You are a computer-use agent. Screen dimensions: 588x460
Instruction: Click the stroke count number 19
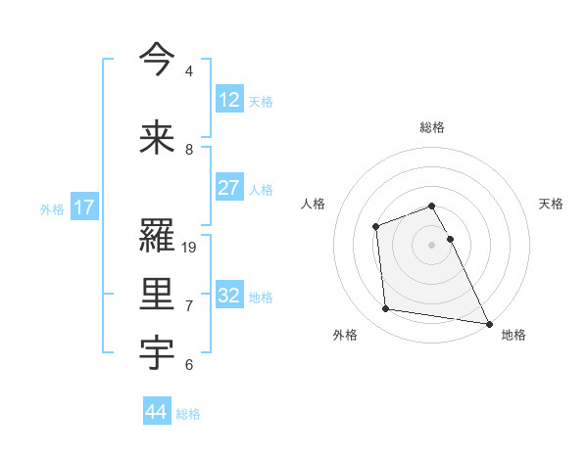(x=190, y=248)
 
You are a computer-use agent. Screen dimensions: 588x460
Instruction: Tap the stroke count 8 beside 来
(x=189, y=150)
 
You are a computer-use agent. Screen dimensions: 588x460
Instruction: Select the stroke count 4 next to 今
(x=189, y=71)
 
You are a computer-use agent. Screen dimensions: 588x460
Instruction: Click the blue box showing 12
(x=228, y=100)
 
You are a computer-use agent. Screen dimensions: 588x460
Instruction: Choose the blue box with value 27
(x=228, y=188)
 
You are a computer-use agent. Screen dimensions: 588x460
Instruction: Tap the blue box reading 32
(x=228, y=296)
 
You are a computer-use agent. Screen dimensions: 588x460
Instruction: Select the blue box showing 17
(x=84, y=207)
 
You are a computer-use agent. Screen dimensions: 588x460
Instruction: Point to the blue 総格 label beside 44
(x=188, y=414)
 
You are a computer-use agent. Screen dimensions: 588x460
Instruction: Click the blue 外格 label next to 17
(x=52, y=208)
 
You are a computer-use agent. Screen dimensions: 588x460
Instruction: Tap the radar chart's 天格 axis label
(x=551, y=204)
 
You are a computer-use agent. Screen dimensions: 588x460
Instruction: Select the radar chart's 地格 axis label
(x=514, y=335)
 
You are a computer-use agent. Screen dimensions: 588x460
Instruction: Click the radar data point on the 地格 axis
(x=488, y=323)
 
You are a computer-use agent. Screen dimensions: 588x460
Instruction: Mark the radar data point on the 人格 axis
(x=375, y=227)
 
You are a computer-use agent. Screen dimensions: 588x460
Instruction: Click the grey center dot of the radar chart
(x=431, y=245)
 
